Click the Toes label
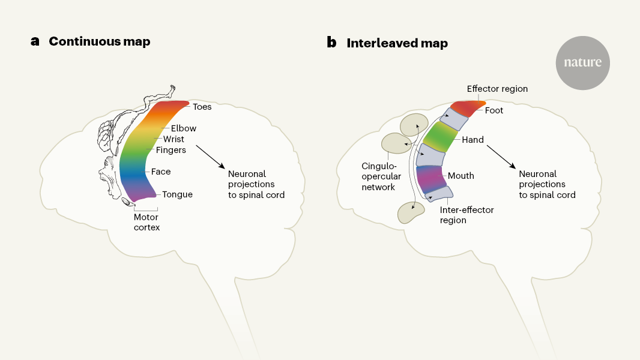[202, 107]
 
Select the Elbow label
[184, 128]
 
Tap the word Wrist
[174, 139]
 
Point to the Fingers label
[171, 150]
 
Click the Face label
[161, 172]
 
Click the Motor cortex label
[146, 222]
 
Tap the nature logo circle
[582, 63]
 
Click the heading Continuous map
[100, 42]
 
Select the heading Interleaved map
[397, 43]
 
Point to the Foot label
[494, 110]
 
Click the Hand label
[472, 140]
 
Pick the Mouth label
[461, 176]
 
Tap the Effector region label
[497, 89]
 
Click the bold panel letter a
[35, 42]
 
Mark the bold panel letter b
[331, 43]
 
